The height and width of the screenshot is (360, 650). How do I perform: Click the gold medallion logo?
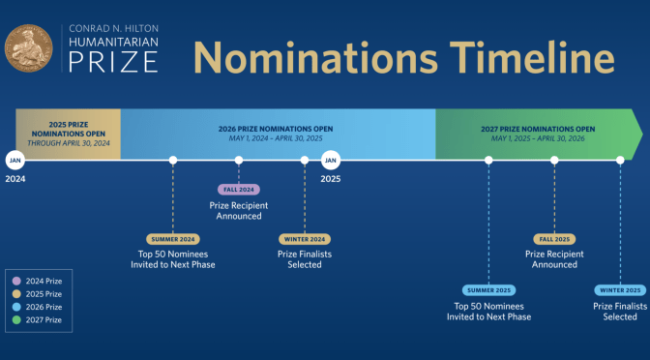(x=27, y=49)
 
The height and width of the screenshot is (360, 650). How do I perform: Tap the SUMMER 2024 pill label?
(x=172, y=239)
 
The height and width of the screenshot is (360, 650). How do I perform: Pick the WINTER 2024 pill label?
(x=305, y=239)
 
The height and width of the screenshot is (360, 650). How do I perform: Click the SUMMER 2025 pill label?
(x=488, y=289)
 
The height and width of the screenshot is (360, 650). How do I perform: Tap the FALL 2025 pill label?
(x=554, y=239)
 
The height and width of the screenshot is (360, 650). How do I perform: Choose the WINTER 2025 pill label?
(x=620, y=289)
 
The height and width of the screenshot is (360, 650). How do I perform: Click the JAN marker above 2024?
(x=15, y=160)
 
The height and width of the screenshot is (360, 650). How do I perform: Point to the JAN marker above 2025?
(x=331, y=160)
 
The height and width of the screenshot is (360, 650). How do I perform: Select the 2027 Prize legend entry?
(x=39, y=317)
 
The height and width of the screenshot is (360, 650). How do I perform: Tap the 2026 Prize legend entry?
(x=39, y=306)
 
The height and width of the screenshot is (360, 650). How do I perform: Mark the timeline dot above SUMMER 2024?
(x=172, y=160)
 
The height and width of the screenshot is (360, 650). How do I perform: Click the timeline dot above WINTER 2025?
(x=620, y=160)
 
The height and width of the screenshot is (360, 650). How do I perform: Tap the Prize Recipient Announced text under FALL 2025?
(x=554, y=258)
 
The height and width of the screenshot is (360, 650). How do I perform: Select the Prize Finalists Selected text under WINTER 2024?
(x=305, y=258)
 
